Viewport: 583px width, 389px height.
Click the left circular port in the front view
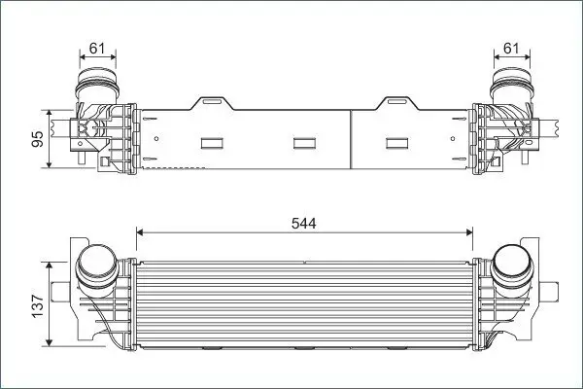(x=95, y=265)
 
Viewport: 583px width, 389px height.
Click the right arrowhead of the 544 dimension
(x=470, y=232)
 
